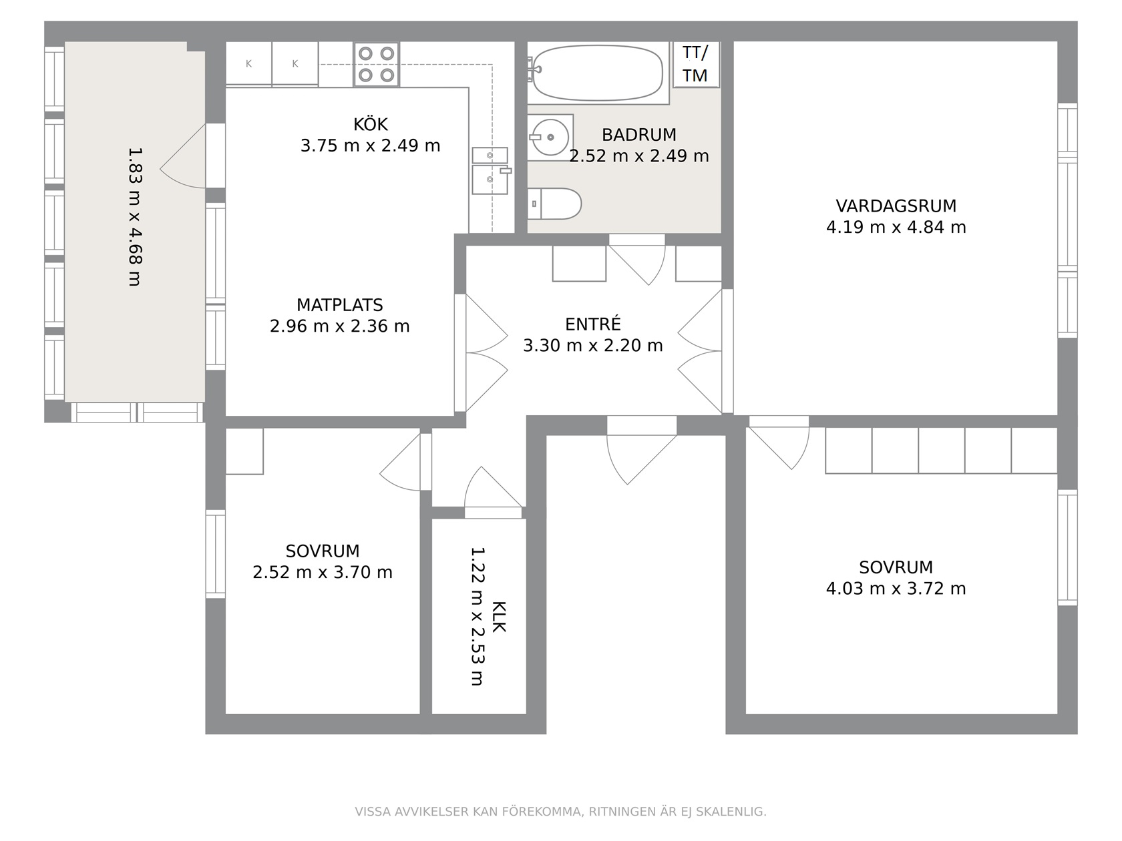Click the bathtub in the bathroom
click(x=598, y=73)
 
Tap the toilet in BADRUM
click(x=554, y=204)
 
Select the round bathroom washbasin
click(x=550, y=137)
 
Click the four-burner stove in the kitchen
click(x=376, y=64)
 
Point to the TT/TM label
click(x=695, y=64)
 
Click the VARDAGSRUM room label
click(x=896, y=206)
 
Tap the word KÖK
click(x=371, y=124)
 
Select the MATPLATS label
click(x=340, y=305)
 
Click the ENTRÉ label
click(x=593, y=324)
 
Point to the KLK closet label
click(x=498, y=617)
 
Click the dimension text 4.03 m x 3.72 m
click(x=896, y=588)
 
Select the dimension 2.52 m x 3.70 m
click(x=323, y=572)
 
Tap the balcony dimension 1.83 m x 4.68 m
click(x=134, y=217)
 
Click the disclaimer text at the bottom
click(x=561, y=812)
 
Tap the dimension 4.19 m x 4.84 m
click(x=896, y=227)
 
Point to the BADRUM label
click(x=639, y=134)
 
